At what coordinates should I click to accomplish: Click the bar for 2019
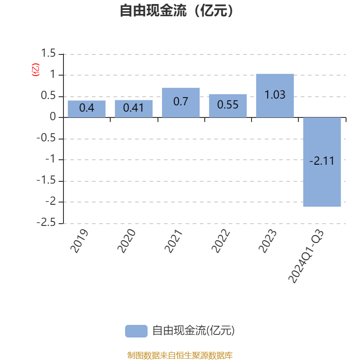tap(86, 109)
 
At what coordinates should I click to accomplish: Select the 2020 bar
tap(134, 108)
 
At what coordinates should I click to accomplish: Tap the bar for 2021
tap(181, 103)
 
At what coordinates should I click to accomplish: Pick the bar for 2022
tap(228, 106)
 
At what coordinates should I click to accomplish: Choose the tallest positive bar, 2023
tap(275, 95)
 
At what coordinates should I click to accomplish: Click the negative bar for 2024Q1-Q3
tap(322, 162)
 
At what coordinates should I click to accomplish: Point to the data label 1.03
tap(275, 95)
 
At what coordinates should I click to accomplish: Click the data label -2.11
tap(322, 161)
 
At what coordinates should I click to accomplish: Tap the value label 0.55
tap(228, 105)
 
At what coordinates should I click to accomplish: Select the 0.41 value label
tap(133, 108)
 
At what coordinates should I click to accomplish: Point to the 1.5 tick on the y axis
tap(48, 53)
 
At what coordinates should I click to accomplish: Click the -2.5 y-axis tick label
tap(46, 222)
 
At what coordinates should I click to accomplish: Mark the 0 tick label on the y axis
tap(53, 117)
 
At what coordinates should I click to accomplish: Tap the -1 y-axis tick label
tap(50, 159)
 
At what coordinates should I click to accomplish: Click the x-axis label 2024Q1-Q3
tap(306, 256)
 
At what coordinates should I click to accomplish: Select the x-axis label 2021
tap(173, 241)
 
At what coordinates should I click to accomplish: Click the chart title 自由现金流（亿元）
tap(176, 10)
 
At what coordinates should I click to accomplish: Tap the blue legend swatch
tap(136, 331)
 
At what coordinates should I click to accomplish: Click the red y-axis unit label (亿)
tap(36, 70)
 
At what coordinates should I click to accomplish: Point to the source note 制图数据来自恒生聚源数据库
tap(180, 355)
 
